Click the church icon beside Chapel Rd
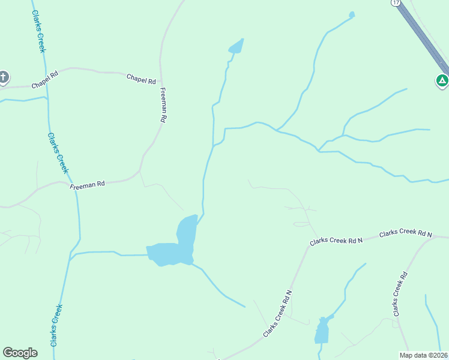click(x=4, y=77)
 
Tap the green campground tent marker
click(x=442, y=80)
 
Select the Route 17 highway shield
click(x=395, y=3)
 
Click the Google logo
click(x=20, y=352)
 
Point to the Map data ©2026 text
click(x=423, y=355)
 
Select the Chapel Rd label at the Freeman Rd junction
click(x=141, y=79)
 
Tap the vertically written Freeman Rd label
click(x=163, y=105)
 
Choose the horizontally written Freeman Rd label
click(x=88, y=185)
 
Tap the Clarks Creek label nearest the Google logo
click(x=56, y=326)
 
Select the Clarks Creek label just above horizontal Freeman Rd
click(x=58, y=152)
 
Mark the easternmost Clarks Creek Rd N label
click(x=405, y=233)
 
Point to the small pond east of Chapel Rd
click(x=237, y=46)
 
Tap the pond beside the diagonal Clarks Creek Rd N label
click(x=322, y=329)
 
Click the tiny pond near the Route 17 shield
click(x=352, y=14)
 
